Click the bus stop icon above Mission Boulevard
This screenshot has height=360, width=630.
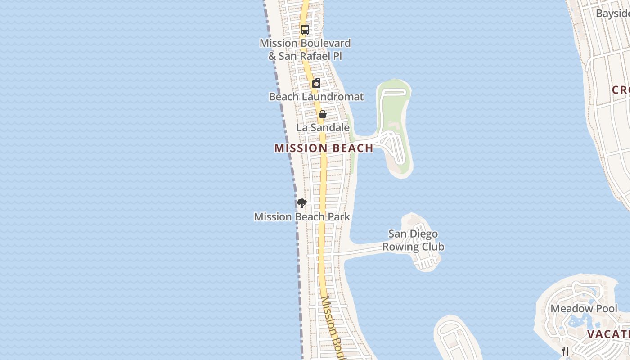point(305,30)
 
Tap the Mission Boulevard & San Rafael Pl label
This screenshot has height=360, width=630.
point(305,49)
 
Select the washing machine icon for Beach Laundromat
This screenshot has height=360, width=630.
point(316,83)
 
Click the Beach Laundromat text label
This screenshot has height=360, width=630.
point(316,97)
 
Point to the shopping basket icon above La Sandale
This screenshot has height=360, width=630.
point(322,114)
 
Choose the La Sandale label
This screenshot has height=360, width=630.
point(323,128)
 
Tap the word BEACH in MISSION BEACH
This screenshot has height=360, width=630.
point(353,148)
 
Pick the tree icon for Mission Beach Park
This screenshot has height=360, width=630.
point(301,203)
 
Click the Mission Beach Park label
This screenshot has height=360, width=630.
point(302,217)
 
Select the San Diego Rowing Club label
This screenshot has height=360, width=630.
point(413,240)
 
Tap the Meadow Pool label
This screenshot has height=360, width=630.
point(584,309)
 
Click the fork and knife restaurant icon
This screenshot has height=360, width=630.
point(565,351)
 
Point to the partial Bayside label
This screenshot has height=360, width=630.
point(612,13)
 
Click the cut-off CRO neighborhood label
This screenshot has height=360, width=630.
point(621,90)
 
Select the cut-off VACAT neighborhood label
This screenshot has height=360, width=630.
point(608,334)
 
